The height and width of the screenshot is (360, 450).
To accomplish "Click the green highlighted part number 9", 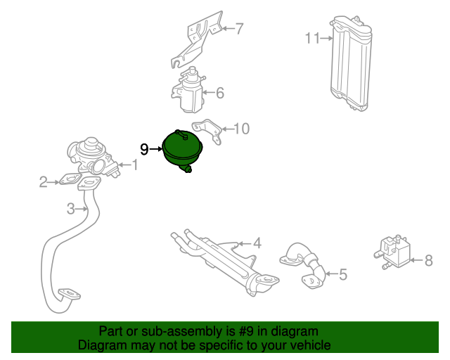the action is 183,150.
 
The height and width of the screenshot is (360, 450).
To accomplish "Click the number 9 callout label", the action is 144,149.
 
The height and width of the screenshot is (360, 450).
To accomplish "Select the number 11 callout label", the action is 312,38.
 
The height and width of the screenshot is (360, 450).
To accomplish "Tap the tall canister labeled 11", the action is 350,63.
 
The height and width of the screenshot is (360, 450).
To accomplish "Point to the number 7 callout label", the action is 239,29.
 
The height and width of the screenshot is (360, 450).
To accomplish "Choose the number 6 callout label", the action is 220,93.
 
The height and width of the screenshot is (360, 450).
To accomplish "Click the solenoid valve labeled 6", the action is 188,91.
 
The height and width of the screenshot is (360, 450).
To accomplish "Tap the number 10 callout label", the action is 242,129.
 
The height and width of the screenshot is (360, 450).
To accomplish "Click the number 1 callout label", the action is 134,165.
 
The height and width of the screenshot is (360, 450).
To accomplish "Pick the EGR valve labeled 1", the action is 94,157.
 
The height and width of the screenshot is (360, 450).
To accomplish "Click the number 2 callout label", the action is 44,182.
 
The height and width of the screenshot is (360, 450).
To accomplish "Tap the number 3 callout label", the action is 71,209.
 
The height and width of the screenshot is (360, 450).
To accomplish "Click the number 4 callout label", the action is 257,243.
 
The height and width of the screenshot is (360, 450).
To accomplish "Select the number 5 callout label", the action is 343,274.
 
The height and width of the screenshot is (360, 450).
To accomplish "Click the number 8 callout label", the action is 428,261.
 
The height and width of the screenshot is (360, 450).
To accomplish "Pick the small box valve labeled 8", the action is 392,252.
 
